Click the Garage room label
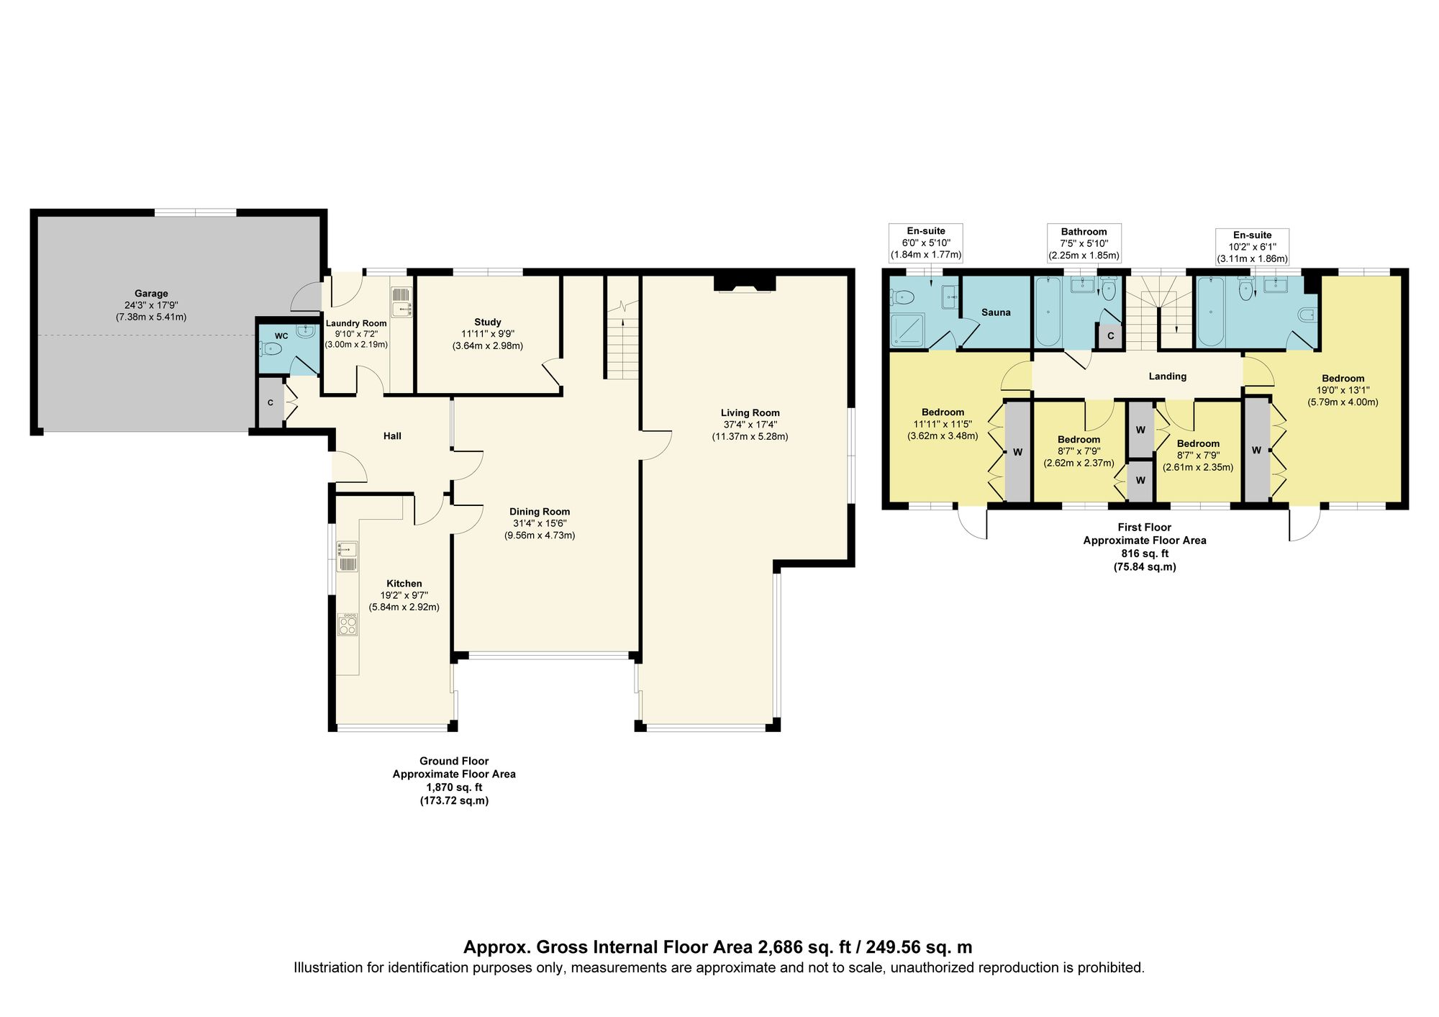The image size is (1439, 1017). (x=151, y=294)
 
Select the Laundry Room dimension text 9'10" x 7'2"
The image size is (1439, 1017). (x=356, y=334)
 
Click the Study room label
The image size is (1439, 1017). (x=487, y=322)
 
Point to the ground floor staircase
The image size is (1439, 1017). (x=622, y=342)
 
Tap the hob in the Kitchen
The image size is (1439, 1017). (x=348, y=624)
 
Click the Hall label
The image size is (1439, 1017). (x=392, y=436)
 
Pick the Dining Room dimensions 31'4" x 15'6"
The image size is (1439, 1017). (x=540, y=523)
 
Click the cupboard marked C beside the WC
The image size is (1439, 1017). (x=271, y=403)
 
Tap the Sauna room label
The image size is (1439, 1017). (x=996, y=312)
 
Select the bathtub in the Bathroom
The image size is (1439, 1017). (x=1048, y=313)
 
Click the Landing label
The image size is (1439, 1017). (x=1167, y=376)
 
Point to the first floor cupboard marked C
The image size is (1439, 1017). (x=1110, y=336)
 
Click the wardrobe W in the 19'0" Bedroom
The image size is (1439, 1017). (x=1256, y=450)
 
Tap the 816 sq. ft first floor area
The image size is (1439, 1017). (x=1145, y=553)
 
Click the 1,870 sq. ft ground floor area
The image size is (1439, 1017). (x=454, y=787)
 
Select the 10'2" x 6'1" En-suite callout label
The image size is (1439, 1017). (x=1252, y=247)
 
